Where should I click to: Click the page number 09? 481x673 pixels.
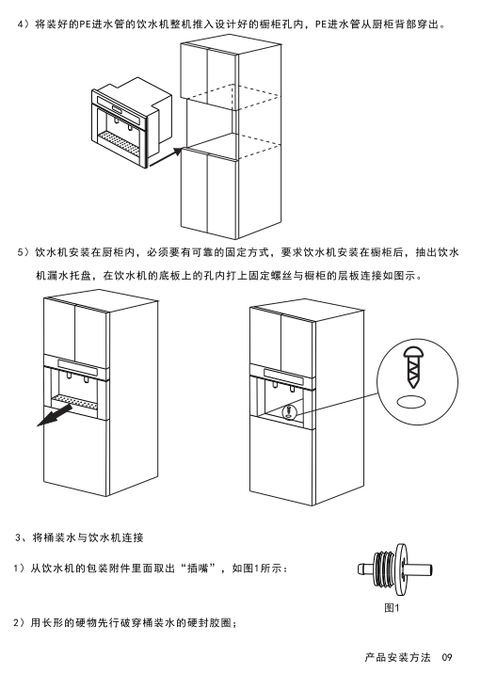click(447, 657)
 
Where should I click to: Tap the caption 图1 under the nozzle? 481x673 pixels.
click(392, 608)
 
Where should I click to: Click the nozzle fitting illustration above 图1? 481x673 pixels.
click(394, 569)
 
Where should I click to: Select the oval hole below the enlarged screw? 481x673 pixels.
click(412, 402)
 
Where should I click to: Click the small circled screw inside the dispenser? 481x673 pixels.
click(290, 411)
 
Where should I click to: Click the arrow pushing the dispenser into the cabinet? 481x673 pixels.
click(165, 156)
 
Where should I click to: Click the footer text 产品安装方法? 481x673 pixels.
click(397, 657)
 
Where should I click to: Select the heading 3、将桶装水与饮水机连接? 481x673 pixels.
click(79, 537)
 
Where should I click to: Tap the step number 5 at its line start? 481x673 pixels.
click(20, 252)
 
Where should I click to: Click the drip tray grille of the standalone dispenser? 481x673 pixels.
click(120, 142)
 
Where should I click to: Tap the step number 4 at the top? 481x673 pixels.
click(20, 24)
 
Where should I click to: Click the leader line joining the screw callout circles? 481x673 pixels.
click(337, 403)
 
